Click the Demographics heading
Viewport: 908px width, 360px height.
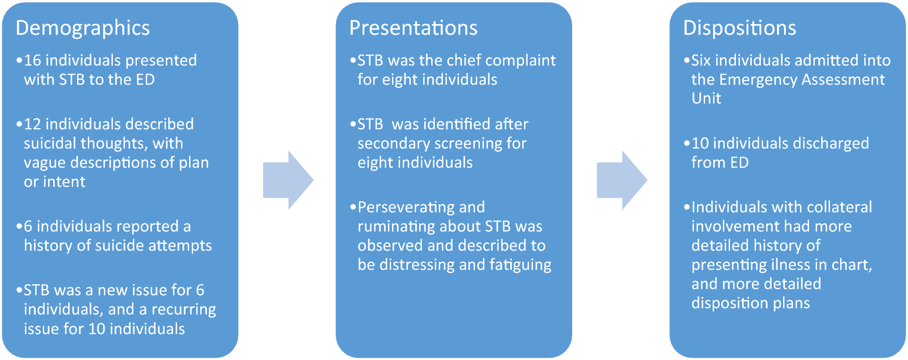(83, 28)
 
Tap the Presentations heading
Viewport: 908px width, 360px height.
(413, 28)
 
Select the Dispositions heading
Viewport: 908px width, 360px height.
(739, 28)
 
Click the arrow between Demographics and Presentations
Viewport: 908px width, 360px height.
(288, 180)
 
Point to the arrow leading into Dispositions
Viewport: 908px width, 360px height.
(622, 180)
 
